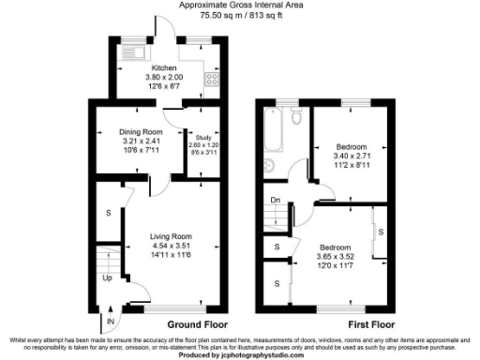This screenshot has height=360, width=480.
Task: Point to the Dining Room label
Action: (142, 132)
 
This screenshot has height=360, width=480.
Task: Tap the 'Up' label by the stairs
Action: (108, 278)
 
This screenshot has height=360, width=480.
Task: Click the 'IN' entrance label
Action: (111, 322)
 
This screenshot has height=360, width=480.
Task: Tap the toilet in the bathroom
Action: (295, 117)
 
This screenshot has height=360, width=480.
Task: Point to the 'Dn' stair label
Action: (275, 200)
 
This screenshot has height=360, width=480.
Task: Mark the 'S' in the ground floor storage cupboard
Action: (109, 213)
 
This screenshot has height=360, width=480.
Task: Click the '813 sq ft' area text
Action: (255, 15)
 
